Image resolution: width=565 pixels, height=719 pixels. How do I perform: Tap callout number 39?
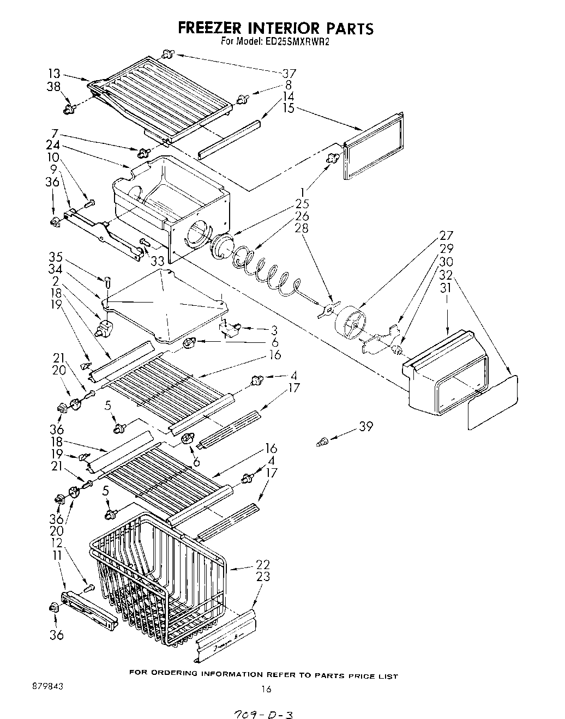pyautogui.click(x=365, y=427)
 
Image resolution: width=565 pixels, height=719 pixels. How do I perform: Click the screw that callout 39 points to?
pyautogui.click(x=322, y=443)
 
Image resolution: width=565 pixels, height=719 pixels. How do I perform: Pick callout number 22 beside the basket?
pyautogui.click(x=263, y=565)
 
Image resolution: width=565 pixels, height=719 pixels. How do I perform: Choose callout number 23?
pyautogui.click(x=263, y=577)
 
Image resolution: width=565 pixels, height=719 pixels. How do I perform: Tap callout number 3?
pyautogui.click(x=274, y=330)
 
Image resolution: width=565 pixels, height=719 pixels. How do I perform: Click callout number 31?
pyautogui.click(x=446, y=287)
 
